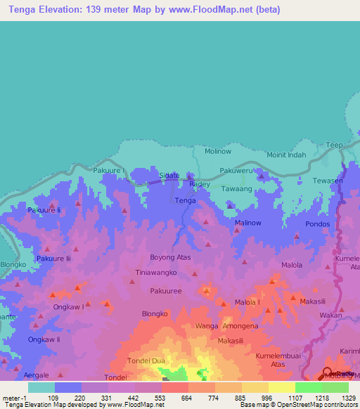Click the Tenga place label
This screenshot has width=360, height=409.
(x=185, y=201)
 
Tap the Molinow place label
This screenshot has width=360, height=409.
(x=217, y=151)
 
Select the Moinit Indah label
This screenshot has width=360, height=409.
(x=286, y=155)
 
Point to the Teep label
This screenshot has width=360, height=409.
(x=334, y=145)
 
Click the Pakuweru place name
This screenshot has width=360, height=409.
(x=236, y=170)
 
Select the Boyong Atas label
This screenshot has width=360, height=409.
(x=170, y=257)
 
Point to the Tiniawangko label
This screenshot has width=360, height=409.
(x=156, y=272)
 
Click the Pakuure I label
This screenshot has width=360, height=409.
(x=109, y=170)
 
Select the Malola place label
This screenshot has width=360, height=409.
(x=292, y=265)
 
